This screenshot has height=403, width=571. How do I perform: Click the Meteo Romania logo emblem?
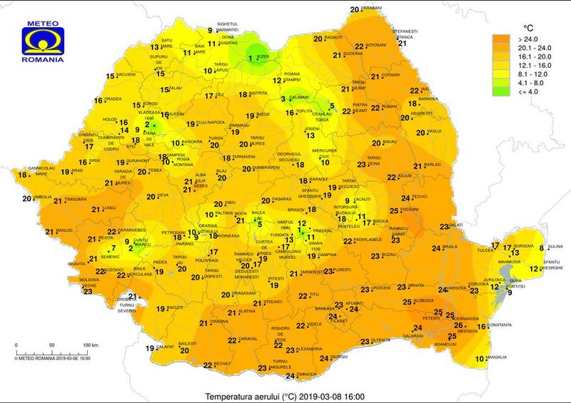tap(44, 39)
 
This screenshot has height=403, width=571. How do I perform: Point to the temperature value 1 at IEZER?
tap(251, 58)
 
